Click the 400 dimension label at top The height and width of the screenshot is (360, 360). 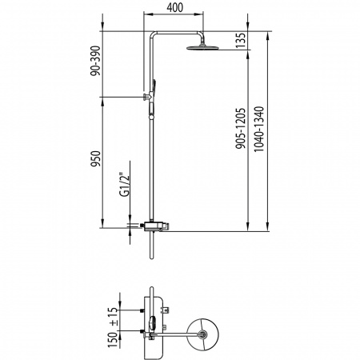coord(175,7)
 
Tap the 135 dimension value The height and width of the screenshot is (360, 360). coord(240,40)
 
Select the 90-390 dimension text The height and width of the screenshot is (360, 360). coord(95,61)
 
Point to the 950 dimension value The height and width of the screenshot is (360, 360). coord(95,158)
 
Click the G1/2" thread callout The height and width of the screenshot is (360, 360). coord(124,186)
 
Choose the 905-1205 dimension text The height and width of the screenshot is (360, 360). coord(240,128)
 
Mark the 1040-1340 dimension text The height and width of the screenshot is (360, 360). coord(258,130)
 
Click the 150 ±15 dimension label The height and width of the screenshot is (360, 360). coord(113,327)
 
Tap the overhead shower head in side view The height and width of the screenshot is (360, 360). coord(202,46)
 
